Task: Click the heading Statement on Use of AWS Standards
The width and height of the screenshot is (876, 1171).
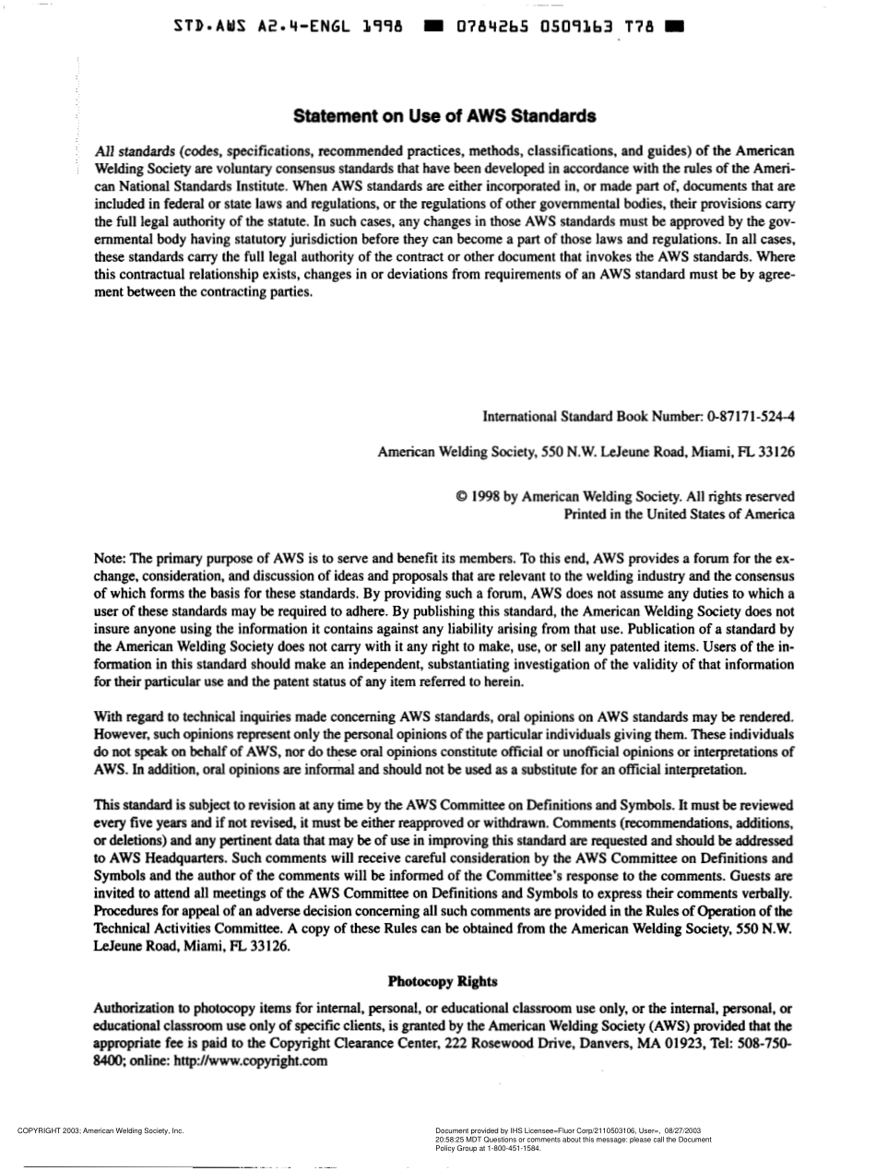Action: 444,117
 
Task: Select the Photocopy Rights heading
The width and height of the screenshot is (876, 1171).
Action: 443,981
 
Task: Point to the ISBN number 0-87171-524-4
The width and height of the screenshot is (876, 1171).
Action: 751,417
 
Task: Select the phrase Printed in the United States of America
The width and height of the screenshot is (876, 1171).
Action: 679,515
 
